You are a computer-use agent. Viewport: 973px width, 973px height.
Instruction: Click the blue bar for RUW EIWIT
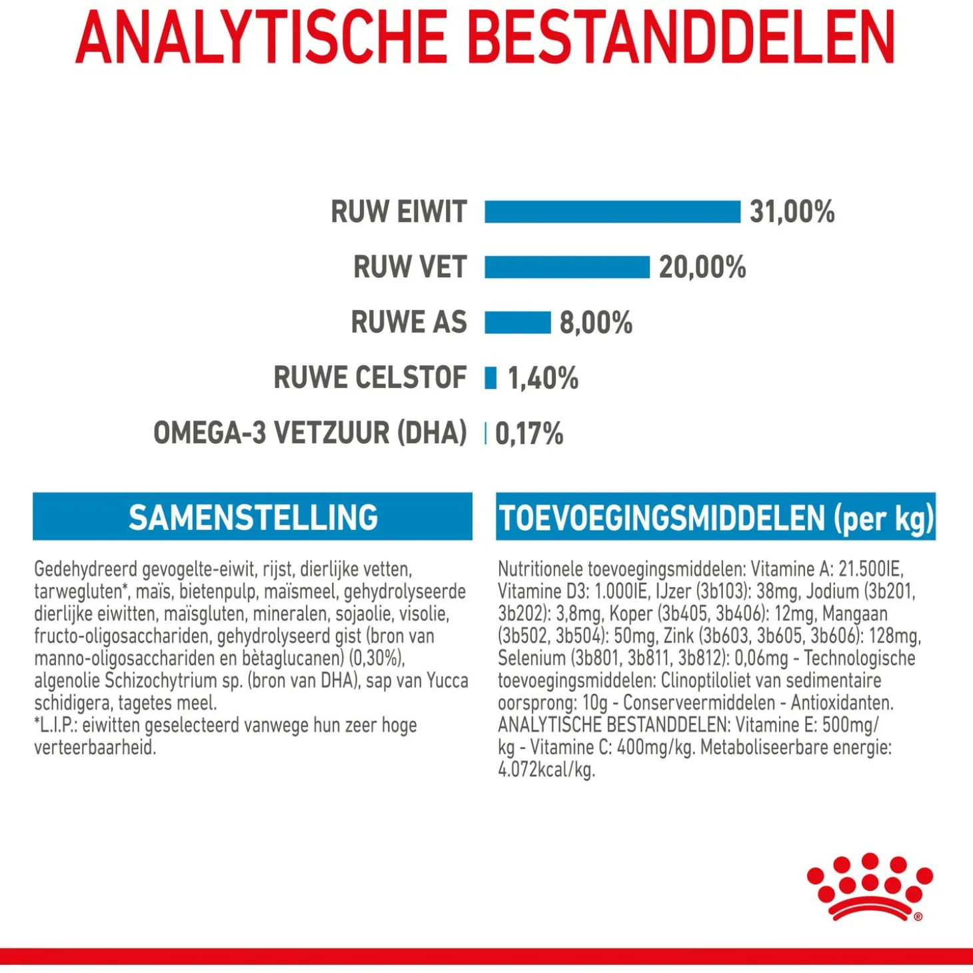pyautogui.click(x=612, y=212)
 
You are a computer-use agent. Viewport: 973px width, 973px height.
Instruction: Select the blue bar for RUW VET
pyautogui.click(x=566, y=267)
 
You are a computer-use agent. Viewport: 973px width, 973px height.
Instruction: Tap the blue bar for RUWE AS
pyautogui.click(x=517, y=323)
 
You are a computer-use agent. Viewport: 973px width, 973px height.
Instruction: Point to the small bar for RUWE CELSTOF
pyautogui.click(x=491, y=378)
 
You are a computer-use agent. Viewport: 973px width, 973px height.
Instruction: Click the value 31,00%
pyautogui.click(x=792, y=212)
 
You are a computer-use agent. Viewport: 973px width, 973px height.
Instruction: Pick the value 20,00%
pyautogui.click(x=702, y=267)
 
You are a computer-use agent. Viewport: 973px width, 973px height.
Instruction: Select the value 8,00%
pyautogui.click(x=596, y=323)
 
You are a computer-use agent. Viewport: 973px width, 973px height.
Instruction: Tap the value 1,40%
pyautogui.click(x=543, y=378)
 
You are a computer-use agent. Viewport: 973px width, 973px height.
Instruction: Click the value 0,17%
pyautogui.click(x=529, y=433)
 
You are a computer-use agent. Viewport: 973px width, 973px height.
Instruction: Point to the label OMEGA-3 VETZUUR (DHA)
pyautogui.click(x=310, y=433)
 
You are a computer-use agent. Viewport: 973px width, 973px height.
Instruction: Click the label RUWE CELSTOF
pyautogui.click(x=370, y=378)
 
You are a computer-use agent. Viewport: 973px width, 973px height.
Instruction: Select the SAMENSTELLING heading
pyautogui.click(x=253, y=517)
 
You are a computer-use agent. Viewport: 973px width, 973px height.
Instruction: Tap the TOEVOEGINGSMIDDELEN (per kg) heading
pyautogui.click(x=716, y=518)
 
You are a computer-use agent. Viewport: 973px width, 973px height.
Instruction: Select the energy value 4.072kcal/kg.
pyautogui.click(x=546, y=770)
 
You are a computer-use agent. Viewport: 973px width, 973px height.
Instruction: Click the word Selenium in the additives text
pyautogui.click(x=531, y=658)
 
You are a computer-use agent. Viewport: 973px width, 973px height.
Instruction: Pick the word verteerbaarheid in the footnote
pyautogui.click(x=95, y=748)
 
